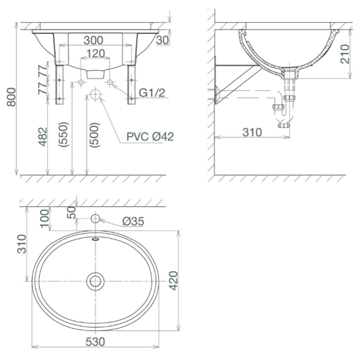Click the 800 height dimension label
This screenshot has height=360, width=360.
pyautogui.click(x=11, y=97)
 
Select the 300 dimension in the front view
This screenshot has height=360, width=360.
pyautogui.click(x=93, y=40)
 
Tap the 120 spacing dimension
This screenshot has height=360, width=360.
pyautogui.click(x=96, y=53)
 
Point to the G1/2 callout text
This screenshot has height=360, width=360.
pyautogui.click(x=152, y=93)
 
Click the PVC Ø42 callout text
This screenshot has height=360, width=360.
pyautogui.click(x=150, y=137)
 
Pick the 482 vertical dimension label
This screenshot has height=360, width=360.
pyautogui.click(x=42, y=137)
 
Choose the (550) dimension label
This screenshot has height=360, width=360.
pyautogui.click(x=63, y=134)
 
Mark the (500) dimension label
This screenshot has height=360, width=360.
pyautogui.click(x=94, y=135)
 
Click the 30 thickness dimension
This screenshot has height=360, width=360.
pyautogui.click(x=163, y=40)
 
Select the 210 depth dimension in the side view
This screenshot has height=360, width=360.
pyautogui.click(x=345, y=54)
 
